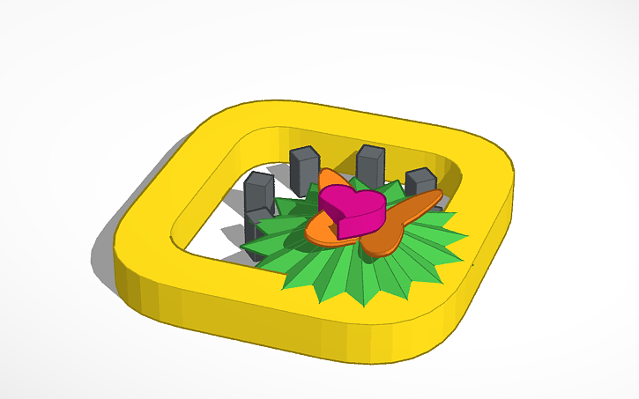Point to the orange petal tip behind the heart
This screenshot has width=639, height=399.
pyautogui.click(x=329, y=177)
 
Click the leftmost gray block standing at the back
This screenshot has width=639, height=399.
pyautogui.click(x=259, y=190)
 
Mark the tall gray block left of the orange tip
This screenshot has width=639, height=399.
pyautogui.click(x=304, y=167)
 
